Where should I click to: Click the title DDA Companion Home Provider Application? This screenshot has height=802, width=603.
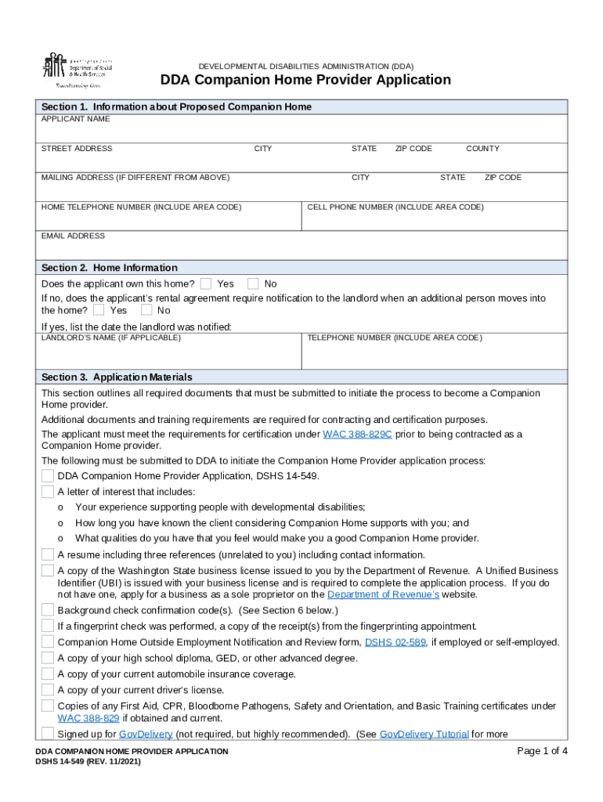305,80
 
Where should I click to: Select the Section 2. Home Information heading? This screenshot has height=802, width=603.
110,267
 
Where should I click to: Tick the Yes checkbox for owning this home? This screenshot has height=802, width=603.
206,284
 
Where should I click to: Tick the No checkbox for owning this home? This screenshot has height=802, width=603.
253,284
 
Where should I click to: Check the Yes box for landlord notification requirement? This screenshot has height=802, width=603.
99,310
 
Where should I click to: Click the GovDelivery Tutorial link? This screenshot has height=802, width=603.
424,734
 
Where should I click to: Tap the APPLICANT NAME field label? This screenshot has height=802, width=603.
76,119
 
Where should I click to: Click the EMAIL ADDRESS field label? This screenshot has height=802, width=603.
73,236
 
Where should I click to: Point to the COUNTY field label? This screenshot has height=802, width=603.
482,148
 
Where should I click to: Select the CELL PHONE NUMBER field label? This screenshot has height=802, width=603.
395,207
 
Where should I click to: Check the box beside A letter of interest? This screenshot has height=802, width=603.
48,492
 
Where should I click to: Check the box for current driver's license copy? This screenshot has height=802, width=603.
48,690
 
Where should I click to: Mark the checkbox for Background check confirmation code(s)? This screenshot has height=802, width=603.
48,610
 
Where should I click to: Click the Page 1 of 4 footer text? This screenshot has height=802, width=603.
543,751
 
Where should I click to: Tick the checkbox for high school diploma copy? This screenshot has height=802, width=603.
48,658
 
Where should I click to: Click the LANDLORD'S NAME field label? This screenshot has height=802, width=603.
111,338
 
